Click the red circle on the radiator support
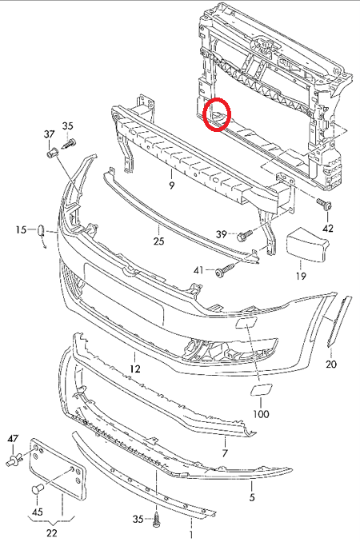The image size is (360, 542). click(217, 114)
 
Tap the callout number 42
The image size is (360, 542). click(328, 228)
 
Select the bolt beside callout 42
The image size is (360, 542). click(324, 204)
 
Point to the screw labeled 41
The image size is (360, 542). click(225, 269)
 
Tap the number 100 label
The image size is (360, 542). click(261, 414)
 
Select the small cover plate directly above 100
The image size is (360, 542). click(261, 389)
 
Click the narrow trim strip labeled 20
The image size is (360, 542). click(339, 321)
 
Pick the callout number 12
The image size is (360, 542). click(135, 369)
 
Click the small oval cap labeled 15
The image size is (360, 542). click(41, 230)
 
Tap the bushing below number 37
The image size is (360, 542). click(52, 153)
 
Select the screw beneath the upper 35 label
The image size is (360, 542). click(69, 143)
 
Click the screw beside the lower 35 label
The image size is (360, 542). click(158, 520)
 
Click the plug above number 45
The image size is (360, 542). click(37, 490)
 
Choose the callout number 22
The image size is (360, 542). click(51, 532)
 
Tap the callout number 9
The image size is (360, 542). click(172, 185)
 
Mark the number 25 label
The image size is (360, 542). click(158, 241)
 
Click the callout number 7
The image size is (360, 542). click(225, 452)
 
